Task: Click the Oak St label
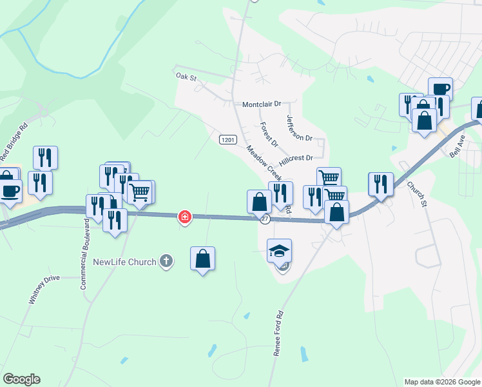[x=186, y=76]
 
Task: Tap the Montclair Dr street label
[x=262, y=104]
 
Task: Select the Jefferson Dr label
[x=298, y=128]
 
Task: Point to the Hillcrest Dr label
[x=296, y=157]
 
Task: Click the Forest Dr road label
[x=269, y=134]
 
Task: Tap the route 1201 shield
[x=227, y=139]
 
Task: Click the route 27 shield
[x=265, y=219]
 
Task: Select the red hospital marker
[x=185, y=217]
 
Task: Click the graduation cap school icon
[x=280, y=250]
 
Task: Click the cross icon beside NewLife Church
[x=166, y=261]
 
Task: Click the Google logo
[x=22, y=379]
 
